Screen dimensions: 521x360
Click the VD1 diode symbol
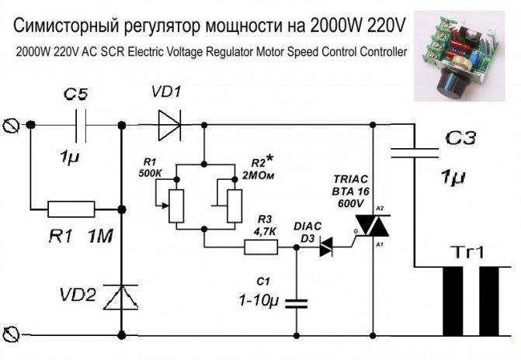(169, 125)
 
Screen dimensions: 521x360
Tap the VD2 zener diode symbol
(121, 297)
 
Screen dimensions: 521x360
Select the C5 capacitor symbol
(81, 125)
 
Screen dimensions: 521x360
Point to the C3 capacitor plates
(415, 153)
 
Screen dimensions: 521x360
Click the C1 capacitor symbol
(297, 303)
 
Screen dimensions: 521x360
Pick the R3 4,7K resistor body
(261, 247)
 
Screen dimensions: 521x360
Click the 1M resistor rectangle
(71, 209)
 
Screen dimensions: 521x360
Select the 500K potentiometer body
(176, 206)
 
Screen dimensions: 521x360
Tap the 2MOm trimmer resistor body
(234, 206)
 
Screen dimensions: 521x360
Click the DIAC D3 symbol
(326, 247)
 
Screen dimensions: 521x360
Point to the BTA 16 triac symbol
(372, 226)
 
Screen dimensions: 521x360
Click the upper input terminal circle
(11, 126)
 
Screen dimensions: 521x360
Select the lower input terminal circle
(11, 334)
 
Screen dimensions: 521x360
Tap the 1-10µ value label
(259, 301)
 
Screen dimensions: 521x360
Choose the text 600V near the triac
(350, 203)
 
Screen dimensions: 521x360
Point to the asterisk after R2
(269, 159)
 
